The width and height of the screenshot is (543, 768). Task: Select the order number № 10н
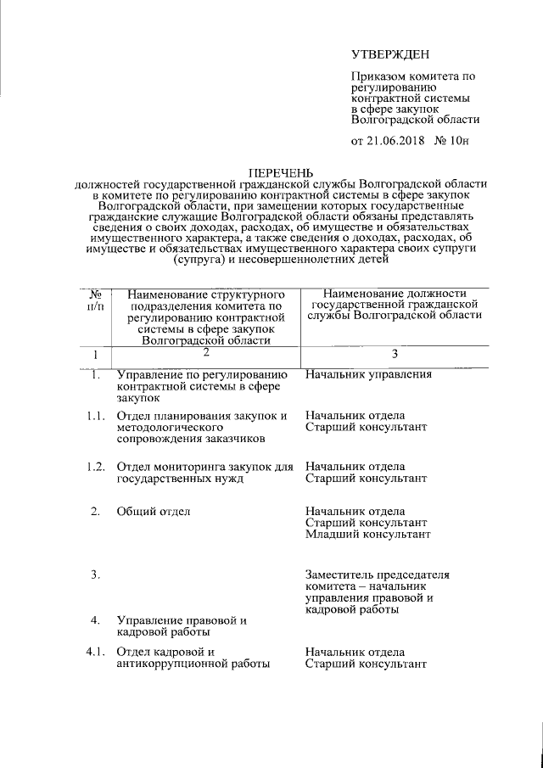(x=451, y=141)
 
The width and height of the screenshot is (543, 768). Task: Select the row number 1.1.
(x=96, y=416)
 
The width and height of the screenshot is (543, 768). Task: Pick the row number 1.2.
(x=96, y=467)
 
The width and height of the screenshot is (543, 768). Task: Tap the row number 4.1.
(x=96, y=652)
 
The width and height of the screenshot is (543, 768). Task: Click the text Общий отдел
(x=154, y=511)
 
